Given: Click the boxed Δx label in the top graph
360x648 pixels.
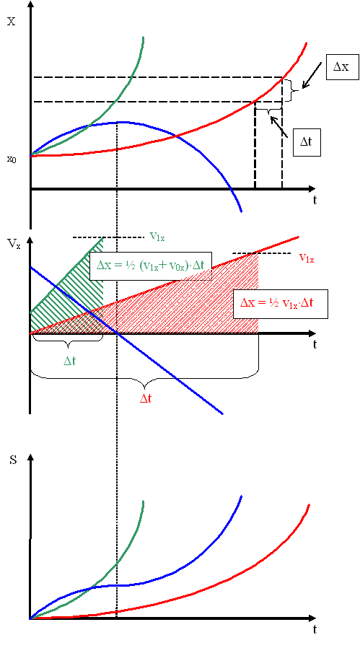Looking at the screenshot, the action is (341, 66).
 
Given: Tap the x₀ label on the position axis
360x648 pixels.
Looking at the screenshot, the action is (12, 159).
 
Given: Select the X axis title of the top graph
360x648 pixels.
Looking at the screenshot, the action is (12, 22).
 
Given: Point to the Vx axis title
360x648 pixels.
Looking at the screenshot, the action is (14, 243).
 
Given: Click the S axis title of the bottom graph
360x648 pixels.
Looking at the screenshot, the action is (13, 460).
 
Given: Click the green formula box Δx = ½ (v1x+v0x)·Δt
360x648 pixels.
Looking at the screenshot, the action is (150, 266).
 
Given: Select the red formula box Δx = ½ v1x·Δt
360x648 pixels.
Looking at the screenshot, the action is (281, 304).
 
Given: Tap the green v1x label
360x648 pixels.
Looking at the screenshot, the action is (159, 236).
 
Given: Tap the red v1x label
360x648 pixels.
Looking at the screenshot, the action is (307, 258).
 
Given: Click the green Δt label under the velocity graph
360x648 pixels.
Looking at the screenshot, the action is (69, 361).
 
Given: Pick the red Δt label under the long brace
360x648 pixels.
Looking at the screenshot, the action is (145, 399).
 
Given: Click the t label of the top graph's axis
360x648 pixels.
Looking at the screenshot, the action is (315, 201).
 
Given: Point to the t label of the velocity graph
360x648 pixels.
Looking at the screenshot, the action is (315, 344).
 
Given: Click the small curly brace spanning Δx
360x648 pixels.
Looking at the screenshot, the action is (294, 89).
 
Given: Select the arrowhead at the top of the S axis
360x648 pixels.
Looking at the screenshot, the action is (30, 458).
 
